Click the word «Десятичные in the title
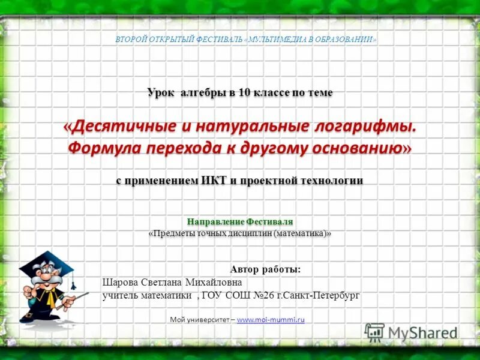point(116,128)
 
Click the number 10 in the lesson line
point(243,93)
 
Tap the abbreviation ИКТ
point(216,181)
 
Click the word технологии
point(331,181)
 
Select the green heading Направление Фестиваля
point(239,221)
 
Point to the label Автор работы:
point(265,269)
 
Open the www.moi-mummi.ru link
point(271,320)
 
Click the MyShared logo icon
point(374,332)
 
